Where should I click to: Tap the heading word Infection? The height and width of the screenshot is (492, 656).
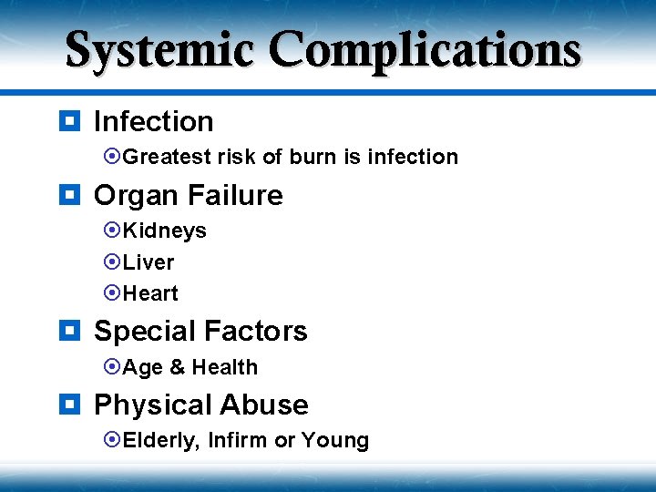click(x=153, y=121)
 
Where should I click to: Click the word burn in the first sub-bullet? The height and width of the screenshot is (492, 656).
click(x=313, y=157)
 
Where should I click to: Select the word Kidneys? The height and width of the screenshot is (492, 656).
click(x=164, y=231)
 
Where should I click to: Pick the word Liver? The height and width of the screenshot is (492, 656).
click(x=148, y=262)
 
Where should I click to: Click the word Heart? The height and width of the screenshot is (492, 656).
click(x=150, y=293)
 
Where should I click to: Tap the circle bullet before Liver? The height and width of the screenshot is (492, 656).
click(x=113, y=262)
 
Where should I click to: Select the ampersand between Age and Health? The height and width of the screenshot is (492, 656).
click(x=177, y=367)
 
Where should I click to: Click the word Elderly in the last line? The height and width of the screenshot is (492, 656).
click(x=160, y=441)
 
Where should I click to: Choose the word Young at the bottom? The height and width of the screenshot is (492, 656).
click(x=335, y=441)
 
